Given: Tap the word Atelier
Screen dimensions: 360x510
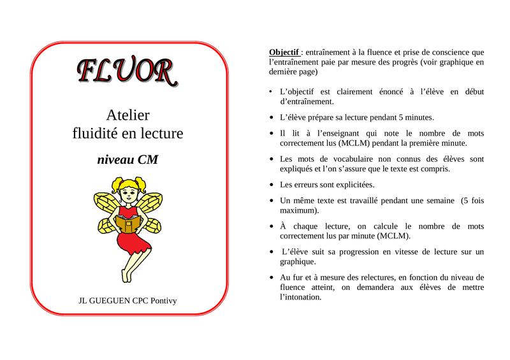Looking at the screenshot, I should point(127,115).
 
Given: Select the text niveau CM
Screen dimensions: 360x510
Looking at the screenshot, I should point(127,159).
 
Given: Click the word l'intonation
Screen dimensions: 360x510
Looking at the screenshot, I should point(305,297).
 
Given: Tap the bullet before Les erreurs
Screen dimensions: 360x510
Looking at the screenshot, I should point(272,185).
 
